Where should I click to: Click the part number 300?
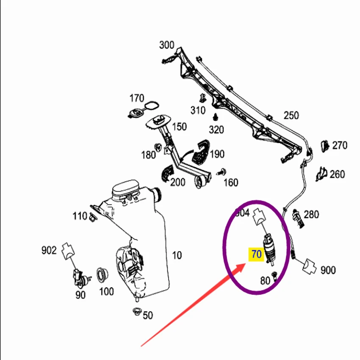coord(167,45)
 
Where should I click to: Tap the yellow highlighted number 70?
coord(257,254)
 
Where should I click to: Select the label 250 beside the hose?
coord(291,115)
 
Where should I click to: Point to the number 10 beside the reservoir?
coord(177,255)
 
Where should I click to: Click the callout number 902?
coord(49,251)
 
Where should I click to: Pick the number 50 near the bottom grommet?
coord(148,316)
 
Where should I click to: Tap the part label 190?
coord(217,154)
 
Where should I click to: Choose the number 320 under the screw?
coord(216,130)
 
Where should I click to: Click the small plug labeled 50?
coord(136,312)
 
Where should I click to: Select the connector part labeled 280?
coord(297,217)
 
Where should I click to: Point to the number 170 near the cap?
coord(137,99)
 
